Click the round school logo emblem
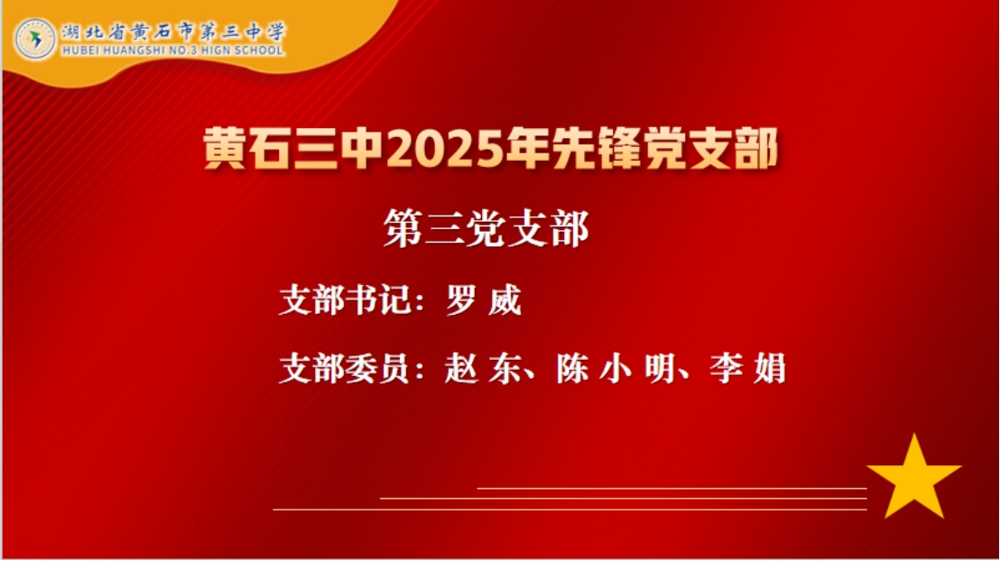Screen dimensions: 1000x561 (x=35, y=40)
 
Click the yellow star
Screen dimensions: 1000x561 (x=913, y=477)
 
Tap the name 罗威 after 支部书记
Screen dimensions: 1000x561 (x=484, y=300)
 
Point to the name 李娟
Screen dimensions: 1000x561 (x=747, y=369)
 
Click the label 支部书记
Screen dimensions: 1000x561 (x=345, y=300)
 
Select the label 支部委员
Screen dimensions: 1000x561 (x=345, y=369)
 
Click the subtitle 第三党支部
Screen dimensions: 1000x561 (x=486, y=228)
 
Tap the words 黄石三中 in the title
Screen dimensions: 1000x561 (x=294, y=150)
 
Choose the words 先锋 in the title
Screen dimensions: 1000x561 (x=596, y=150)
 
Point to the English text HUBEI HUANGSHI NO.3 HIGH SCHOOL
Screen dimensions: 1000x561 (x=172, y=51)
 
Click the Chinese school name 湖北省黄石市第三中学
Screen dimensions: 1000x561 (x=173, y=32)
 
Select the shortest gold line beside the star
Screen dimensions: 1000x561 (x=671, y=488)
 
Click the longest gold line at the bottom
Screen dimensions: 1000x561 (x=569, y=510)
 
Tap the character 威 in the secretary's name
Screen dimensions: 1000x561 (x=505, y=300)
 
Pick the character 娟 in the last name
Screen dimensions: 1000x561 (x=769, y=369)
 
